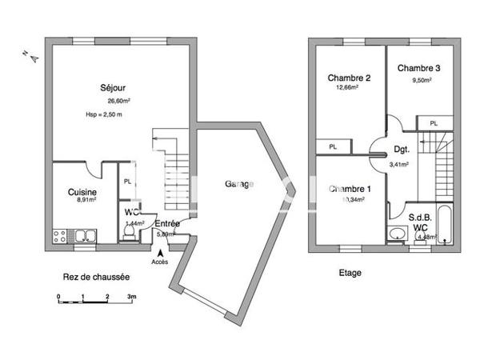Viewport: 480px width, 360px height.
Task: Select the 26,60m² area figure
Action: [x=118, y=101]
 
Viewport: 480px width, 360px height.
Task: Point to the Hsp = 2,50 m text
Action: [x=104, y=115]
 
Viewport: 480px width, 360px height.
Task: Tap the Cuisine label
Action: [x=82, y=193]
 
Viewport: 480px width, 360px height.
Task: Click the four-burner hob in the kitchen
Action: [x=59, y=235]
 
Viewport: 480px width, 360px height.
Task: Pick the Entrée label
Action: [x=166, y=224]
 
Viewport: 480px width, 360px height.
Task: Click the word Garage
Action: [x=239, y=184]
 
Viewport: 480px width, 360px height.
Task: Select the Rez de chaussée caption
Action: [x=96, y=277]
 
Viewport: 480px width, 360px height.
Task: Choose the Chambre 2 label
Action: [x=349, y=78]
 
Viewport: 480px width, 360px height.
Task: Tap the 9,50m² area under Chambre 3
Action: [x=421, y=80]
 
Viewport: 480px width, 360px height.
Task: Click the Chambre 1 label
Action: [x=349, y=189]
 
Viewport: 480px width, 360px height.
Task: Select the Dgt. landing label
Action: [x=401, y=150]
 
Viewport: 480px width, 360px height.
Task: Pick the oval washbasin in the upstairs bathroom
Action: [x=395, y=234]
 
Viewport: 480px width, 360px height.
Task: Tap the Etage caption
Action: [x=350, y=273]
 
